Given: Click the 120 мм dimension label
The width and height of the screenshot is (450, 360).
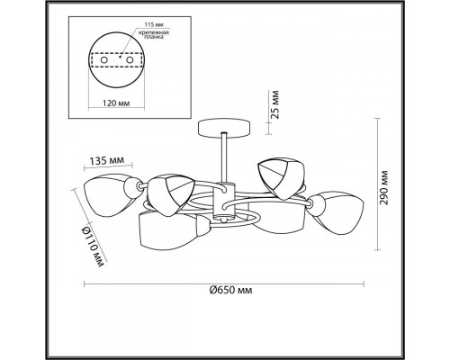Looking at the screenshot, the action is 116,103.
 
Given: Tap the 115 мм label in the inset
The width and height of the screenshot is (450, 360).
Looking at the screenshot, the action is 154,24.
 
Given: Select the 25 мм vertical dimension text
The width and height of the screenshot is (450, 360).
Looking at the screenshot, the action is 274,104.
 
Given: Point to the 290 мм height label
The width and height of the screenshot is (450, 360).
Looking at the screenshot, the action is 383,188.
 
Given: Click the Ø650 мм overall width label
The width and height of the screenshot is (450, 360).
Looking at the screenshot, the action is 230,290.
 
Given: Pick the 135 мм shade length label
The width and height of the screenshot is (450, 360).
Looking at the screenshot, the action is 107,160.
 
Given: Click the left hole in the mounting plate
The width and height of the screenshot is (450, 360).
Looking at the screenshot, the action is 103,60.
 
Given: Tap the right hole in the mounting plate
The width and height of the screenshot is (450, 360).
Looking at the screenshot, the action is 130,60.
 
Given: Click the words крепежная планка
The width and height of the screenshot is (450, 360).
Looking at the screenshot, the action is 154,35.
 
